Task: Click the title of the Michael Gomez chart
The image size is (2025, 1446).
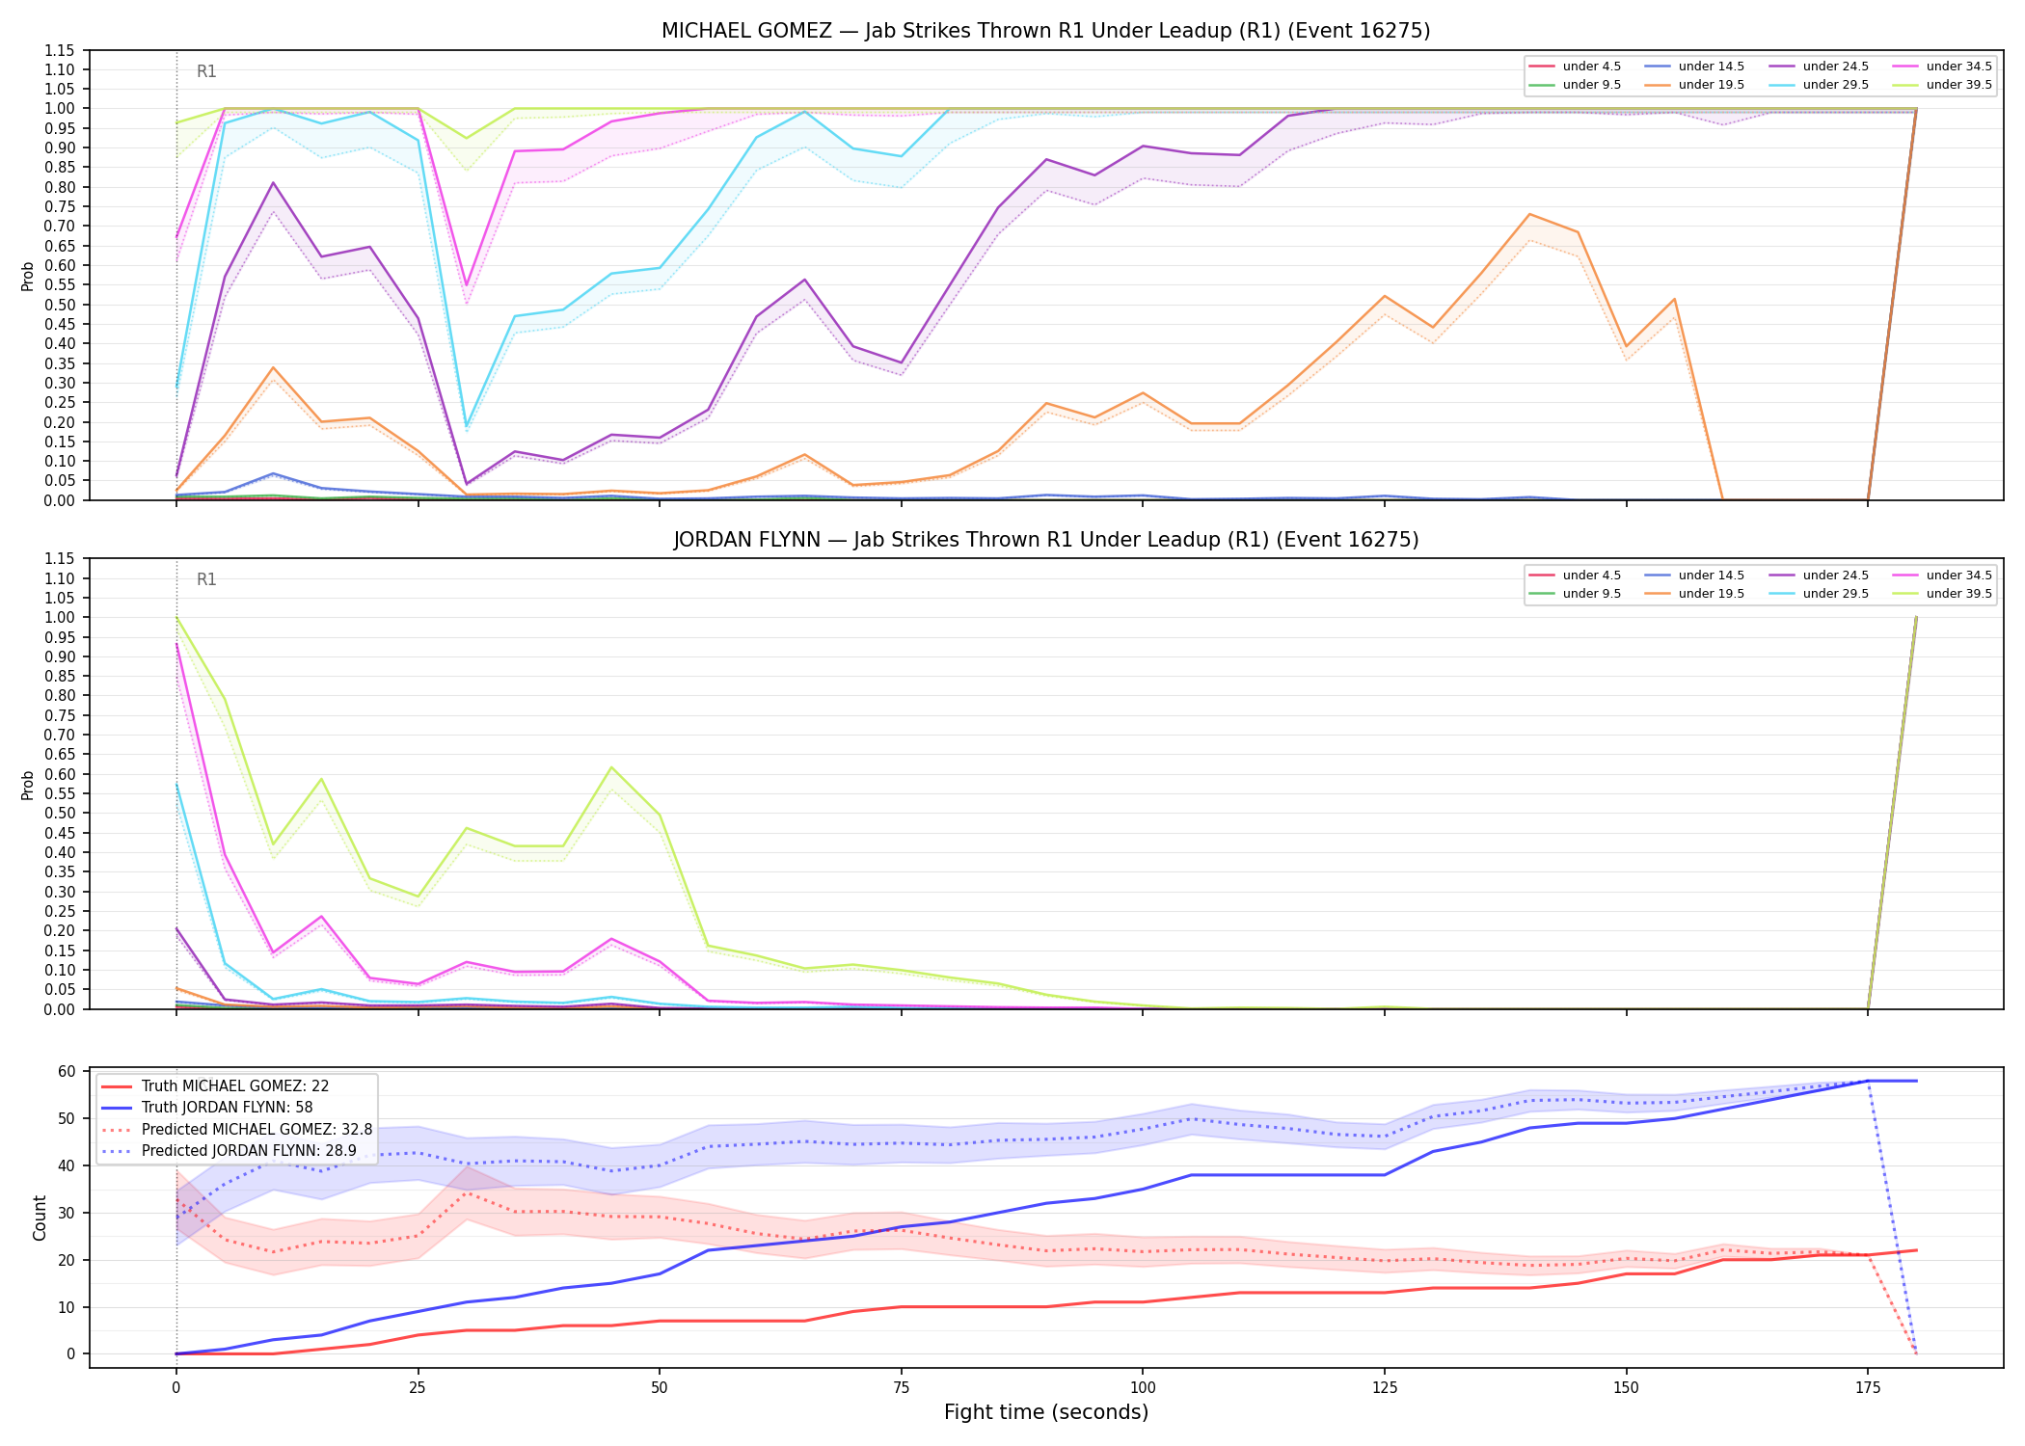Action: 1045,31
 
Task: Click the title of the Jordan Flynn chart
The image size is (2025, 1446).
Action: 1045,540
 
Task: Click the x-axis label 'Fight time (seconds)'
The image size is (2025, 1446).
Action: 1046,1412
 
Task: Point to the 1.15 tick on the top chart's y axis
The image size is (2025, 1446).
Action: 59,50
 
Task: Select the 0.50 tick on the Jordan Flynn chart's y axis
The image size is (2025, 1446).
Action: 59,814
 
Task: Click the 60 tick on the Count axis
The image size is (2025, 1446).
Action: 67,1072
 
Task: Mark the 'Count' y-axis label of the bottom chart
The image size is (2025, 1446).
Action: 40,1218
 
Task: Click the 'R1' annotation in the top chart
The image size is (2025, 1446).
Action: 206,71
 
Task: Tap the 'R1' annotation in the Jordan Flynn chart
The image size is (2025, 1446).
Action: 206,579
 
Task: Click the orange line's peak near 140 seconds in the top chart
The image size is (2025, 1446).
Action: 1529,214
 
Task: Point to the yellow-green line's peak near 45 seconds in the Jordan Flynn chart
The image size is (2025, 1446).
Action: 610,767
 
